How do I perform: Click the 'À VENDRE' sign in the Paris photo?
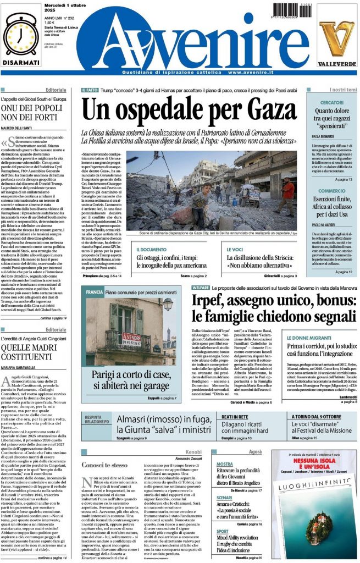[131, 336]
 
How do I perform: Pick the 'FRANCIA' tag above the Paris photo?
[94, 292]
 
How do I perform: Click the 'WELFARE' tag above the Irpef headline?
[200, 288]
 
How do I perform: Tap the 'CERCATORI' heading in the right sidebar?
[332, 103]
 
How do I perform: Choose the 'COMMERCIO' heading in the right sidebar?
[332, 191]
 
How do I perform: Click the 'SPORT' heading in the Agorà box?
[222, 532]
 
